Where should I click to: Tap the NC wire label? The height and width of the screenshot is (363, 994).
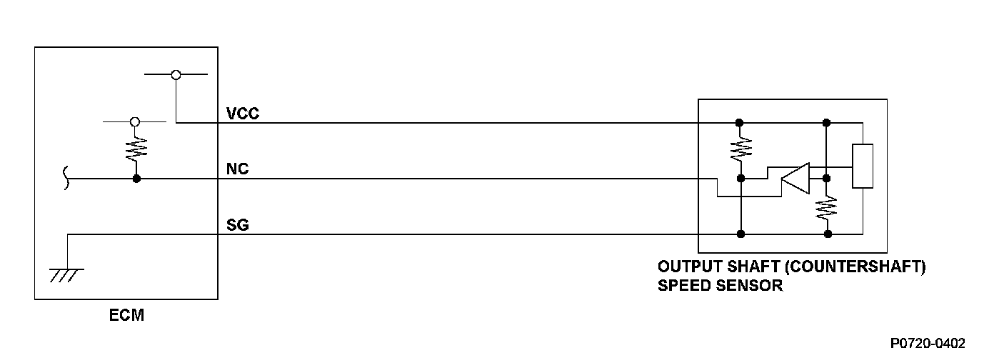[238, 170]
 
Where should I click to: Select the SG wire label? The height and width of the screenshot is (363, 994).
[238, 226]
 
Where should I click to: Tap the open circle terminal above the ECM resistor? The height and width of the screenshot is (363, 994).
[135, 122]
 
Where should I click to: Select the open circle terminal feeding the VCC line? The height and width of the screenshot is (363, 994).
[176, 74]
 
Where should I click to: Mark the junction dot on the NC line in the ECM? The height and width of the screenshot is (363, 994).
[136, 178]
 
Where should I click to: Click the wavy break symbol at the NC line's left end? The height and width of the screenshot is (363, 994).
[68, 178]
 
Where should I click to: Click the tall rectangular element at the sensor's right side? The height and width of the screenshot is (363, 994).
[863, 166]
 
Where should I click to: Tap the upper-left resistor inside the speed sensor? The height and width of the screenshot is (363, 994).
[741, 149]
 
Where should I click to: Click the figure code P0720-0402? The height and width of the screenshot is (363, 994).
[928, 344]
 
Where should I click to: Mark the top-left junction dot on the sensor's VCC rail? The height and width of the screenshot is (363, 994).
[741, 122]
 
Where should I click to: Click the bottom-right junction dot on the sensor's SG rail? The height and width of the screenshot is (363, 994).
[828, 234]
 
